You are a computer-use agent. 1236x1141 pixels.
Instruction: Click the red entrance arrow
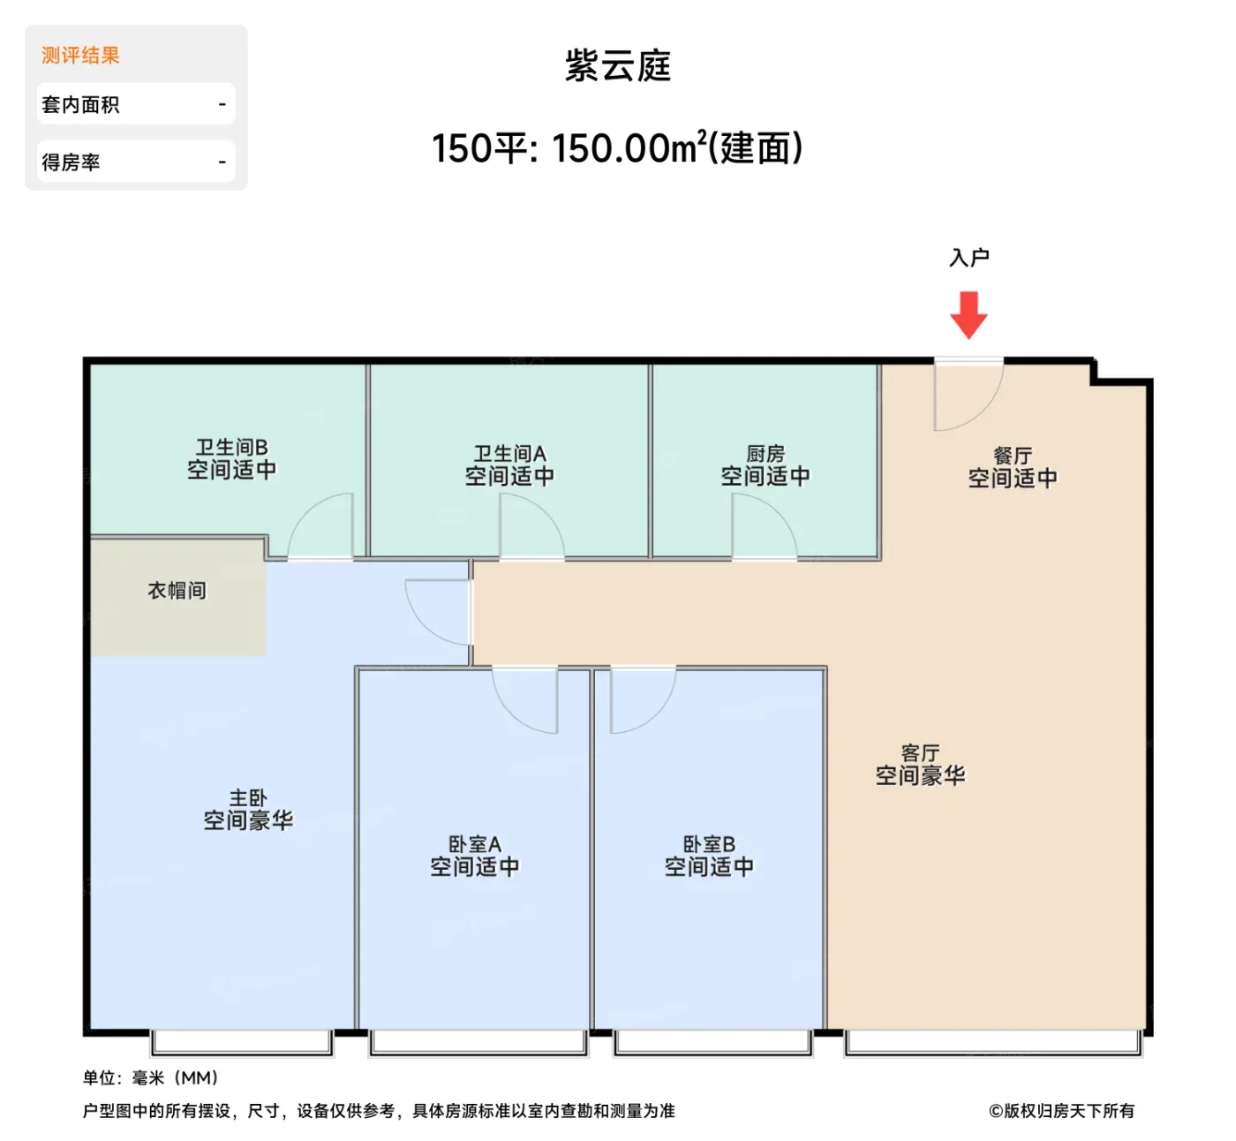[968, 314]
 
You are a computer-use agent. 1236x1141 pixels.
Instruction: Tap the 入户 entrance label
[969, 257]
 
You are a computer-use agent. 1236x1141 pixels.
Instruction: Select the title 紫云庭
[617, 65]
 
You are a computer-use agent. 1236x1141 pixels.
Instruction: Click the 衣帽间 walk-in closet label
[177, 590]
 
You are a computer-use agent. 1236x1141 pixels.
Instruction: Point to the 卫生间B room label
[231, 447]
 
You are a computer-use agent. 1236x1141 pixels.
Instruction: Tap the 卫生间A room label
[509, 453]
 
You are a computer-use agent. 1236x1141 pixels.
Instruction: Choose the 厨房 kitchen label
[765, 453]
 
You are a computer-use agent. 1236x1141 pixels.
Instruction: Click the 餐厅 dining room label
[1013, 456]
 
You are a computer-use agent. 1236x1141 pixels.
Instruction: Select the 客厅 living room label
[920, 753]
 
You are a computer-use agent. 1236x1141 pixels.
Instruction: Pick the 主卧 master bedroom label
[248, 797]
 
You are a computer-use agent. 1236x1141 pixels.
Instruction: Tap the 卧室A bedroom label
[475, 844]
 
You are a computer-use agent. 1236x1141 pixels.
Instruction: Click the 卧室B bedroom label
[709, 844]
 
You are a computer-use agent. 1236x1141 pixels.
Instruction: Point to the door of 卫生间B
[305, 510]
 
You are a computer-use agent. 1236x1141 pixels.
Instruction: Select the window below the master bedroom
[242, 1043]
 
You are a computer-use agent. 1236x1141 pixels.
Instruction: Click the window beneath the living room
[993, 1043]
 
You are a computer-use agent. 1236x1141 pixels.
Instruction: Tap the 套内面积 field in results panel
[136, 104]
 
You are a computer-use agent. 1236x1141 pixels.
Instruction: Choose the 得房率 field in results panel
[136, 162]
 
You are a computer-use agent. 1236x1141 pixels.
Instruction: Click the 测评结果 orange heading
[80, 56]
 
